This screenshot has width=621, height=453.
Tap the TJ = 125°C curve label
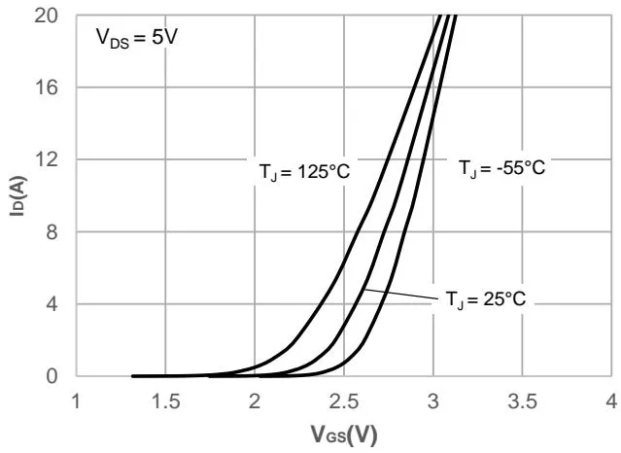303,172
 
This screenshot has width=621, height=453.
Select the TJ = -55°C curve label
502,168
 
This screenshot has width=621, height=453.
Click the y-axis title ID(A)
17,195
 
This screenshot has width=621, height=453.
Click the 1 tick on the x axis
78,401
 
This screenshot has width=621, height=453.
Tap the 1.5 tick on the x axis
166,401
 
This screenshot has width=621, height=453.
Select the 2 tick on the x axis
256,401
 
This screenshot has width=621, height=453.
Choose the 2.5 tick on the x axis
344,401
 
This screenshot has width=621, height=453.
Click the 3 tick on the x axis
433,401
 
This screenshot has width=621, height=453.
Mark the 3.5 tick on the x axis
522,401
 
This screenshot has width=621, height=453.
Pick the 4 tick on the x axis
611,401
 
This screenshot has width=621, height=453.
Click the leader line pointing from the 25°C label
398,296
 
